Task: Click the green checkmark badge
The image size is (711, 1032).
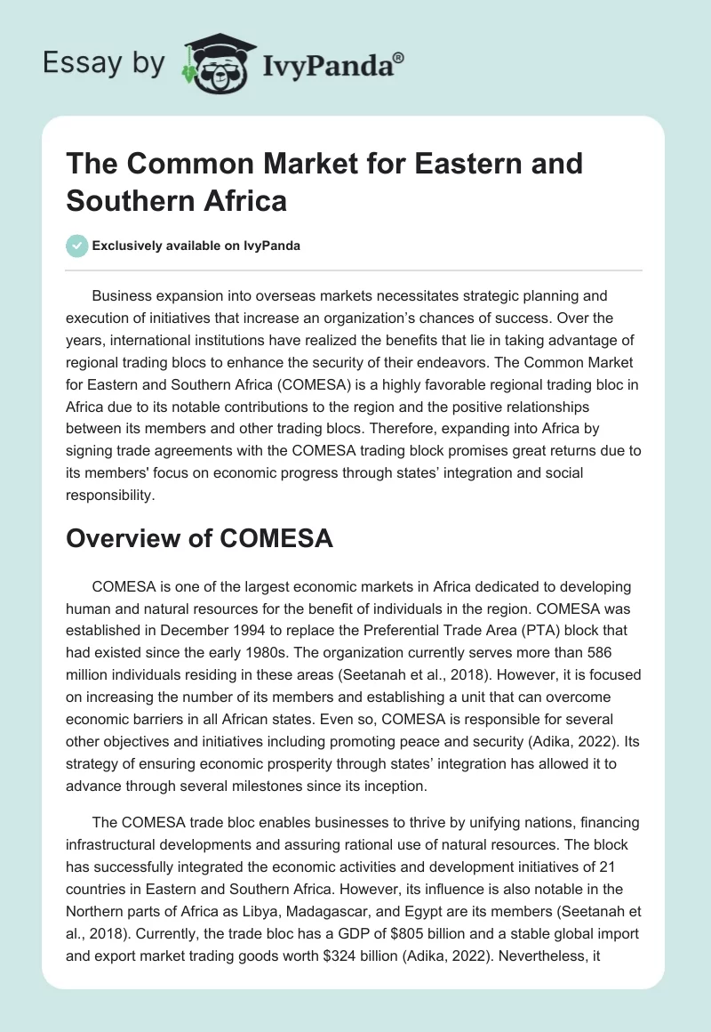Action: coord(77,246)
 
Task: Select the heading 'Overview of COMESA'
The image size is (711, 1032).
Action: coord(199,537)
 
